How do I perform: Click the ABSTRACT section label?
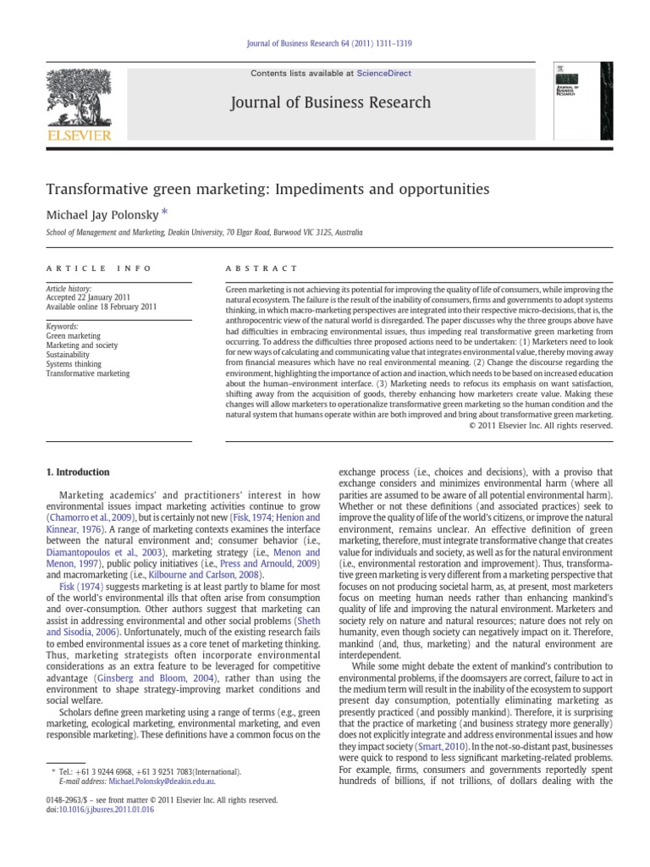pyautogui.click(x=251, y=268)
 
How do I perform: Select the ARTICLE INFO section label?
pyautogui.click(x=99, y=268)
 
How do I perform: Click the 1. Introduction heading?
pyautogui.click(x=77, y=472)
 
